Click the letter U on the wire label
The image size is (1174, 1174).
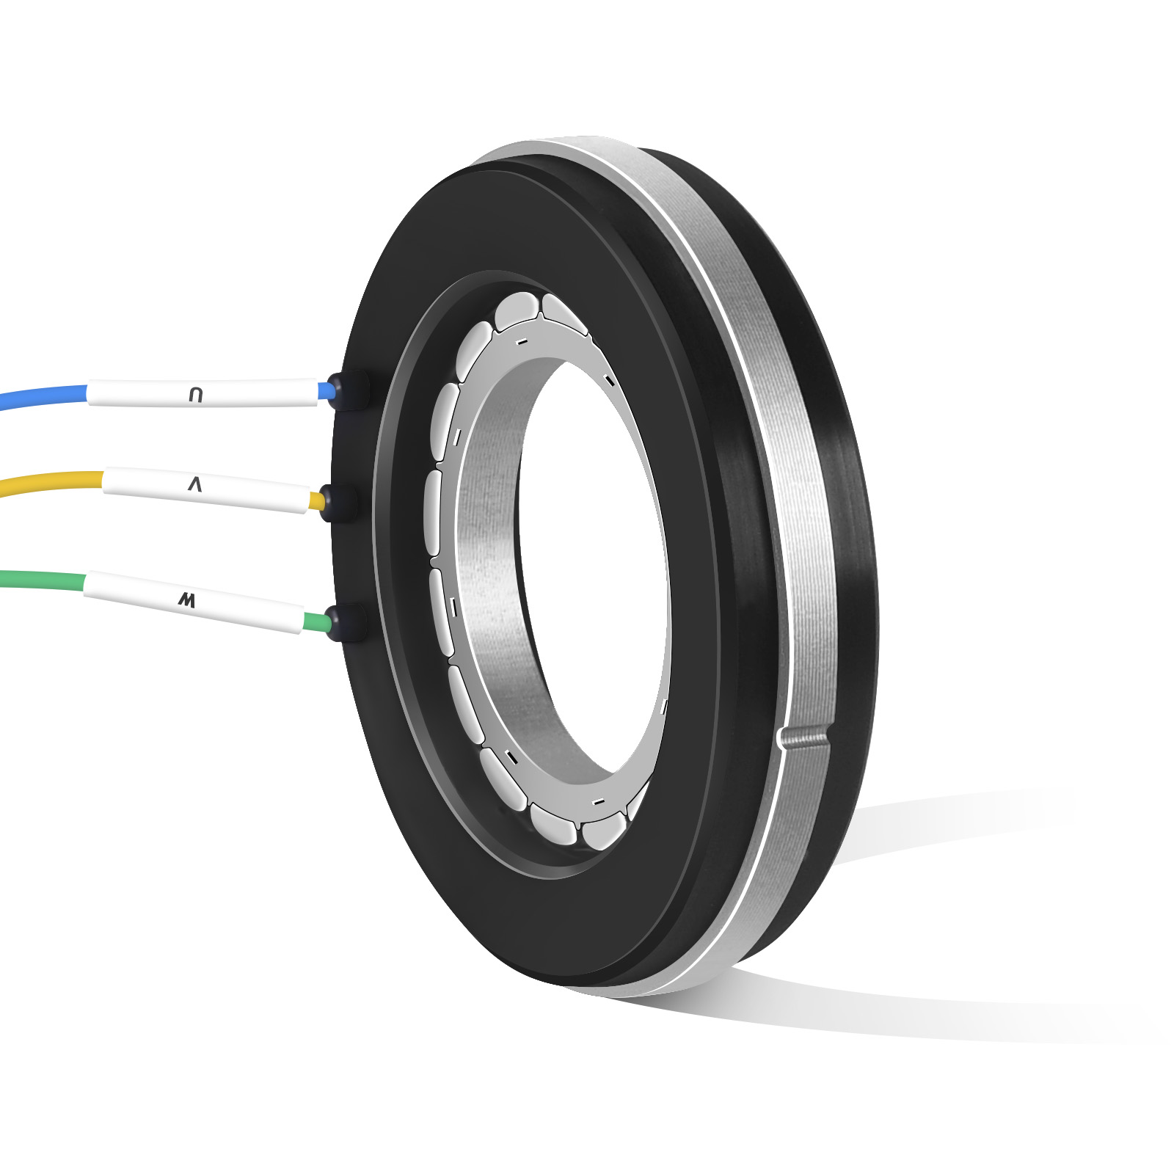point(195,395)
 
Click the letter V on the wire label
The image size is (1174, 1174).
point(194,484)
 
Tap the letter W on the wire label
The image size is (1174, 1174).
point(187,601)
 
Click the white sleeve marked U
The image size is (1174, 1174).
point(203,393)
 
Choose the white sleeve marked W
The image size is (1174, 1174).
point(194,602)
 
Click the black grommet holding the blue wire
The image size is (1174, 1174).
point(348,390)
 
